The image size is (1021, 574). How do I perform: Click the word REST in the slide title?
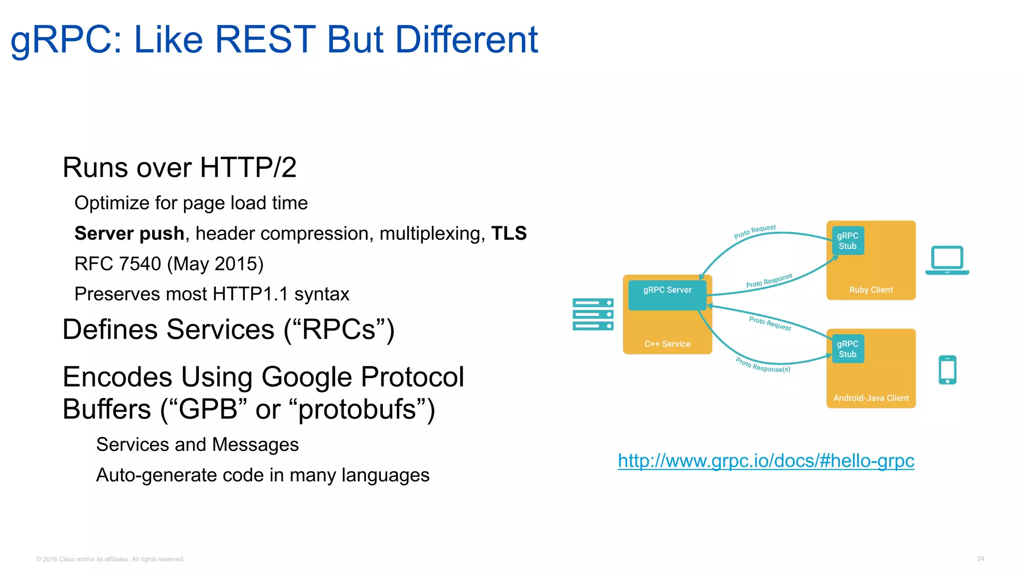tap(265, 40)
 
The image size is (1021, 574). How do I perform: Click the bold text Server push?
tap(129, 234)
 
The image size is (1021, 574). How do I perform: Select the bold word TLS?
tap(509, 233)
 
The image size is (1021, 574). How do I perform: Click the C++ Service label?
tap(667, 344)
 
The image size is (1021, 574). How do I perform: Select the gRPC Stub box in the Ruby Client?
tap(848, 241)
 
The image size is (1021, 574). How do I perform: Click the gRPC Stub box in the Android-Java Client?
tap(848, 349)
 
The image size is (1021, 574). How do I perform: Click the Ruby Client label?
tap(871, 290)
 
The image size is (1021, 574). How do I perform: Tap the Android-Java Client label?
tap(871, 398)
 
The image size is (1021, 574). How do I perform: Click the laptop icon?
tap(947, 260)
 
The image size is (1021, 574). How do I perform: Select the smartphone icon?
tap(947, 370)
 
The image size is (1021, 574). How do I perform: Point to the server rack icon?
tap(593, 314)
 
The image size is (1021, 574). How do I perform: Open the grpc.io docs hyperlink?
tap(766, 461)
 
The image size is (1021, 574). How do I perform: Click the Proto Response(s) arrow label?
tap(763, 366)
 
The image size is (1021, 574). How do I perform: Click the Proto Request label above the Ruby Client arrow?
tap(754, 232)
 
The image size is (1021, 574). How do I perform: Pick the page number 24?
tap(980, 559)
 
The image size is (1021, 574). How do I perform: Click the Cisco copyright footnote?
tap(110, 559)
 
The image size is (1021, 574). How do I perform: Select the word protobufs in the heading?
tap(357, 410)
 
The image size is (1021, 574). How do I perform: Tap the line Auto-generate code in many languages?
tap(263, 475)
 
